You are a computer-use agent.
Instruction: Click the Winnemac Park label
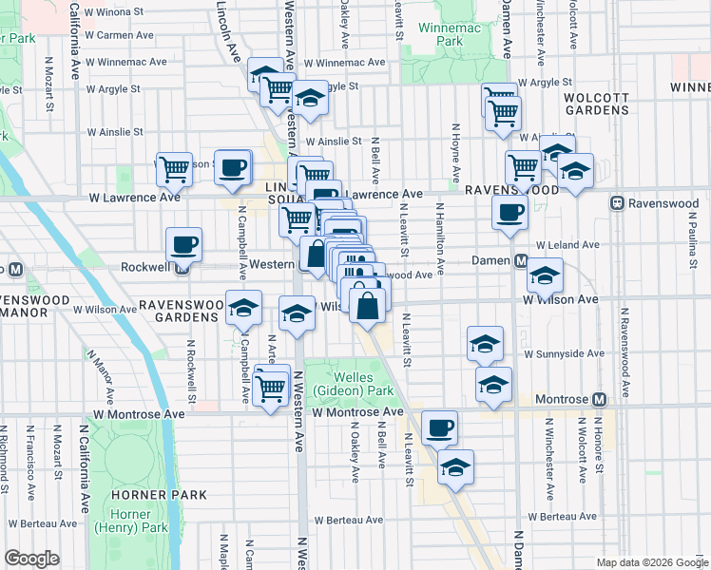pyautogui.click(x=435, y=35)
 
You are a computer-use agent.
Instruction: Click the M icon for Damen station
pyautogui.click(x=521, y=260)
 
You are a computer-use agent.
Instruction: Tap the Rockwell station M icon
pyautogui.click(x=182, y=266)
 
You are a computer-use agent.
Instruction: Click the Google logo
pyautogui.click(x=32, y=559)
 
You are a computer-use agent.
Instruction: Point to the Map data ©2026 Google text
pyautogui.click(x=652, y=562)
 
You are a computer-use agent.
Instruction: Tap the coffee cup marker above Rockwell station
pyautogui.click(x=183, y=245)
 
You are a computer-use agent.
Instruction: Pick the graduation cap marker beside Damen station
pyautogui.click(x=545, y=275)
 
